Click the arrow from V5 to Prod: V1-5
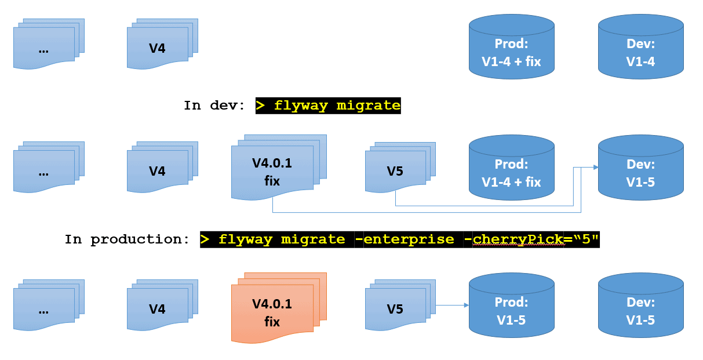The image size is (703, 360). (x=451, y=305)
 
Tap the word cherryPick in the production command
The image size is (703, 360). (x=518, y=239)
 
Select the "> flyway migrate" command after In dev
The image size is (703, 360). (x=328, y=106)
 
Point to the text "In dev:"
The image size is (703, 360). (x=214, y=106)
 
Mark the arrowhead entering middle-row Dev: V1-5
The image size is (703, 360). (x=595, y=168)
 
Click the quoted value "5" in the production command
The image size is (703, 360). (x=581, y=239)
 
